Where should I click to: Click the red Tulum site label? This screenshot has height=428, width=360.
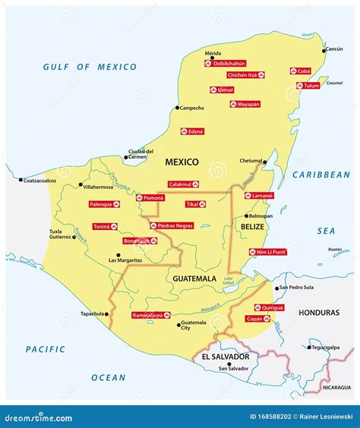click(310, 86)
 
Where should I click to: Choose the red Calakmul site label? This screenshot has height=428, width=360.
click(183, 184)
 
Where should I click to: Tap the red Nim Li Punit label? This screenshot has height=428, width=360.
click(268, 252)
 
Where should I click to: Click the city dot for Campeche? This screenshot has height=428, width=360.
click(177, 109)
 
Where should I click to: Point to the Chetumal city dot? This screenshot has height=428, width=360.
click(265, 162)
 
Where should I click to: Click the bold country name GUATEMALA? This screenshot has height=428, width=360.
click(194, 279)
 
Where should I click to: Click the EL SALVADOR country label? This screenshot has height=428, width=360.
click(225, 357)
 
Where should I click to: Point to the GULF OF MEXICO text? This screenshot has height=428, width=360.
click(90, 67)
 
